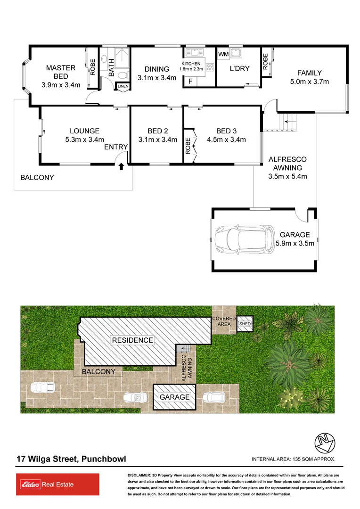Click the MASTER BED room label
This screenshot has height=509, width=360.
click(x=61, y=68)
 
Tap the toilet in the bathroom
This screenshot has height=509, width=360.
click(x=123, y=75)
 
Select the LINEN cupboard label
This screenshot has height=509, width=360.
click(x=123, y=86)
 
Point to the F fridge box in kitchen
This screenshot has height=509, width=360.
click(x=190, y=81)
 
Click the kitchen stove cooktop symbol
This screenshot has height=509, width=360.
click(x=209, y=66)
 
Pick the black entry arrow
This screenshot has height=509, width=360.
click(x=122, y=166)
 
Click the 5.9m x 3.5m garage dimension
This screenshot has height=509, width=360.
click(x=295, y=244)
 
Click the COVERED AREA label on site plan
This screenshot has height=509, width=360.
click(x=224, y=321)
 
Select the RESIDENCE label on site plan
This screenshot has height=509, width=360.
click(x=132, y=340)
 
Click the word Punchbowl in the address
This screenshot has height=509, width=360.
click(x=104, y=459)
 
